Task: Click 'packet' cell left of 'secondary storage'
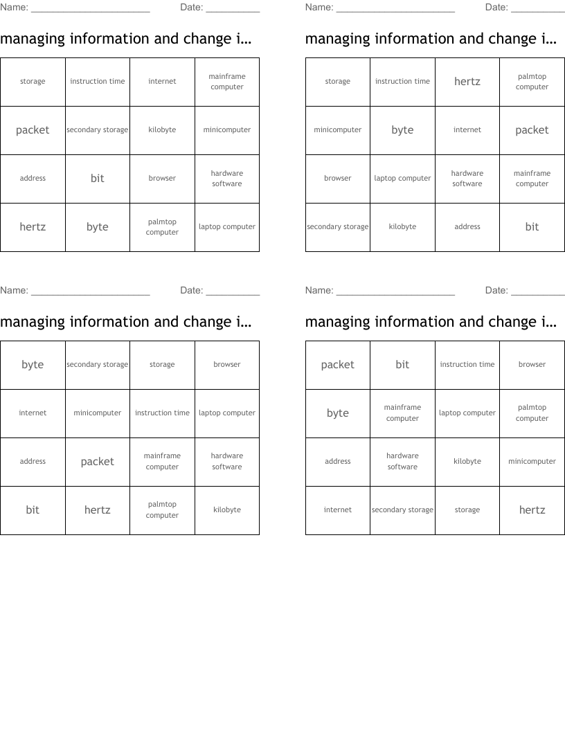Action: pos(33,130)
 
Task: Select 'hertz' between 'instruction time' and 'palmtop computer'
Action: pos(467,82)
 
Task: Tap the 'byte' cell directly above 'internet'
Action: pos(33,365)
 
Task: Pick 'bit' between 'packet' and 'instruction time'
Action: pos(402,365)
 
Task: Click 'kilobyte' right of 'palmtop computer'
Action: pos(227,510)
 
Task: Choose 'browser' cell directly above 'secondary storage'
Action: pos(338,179)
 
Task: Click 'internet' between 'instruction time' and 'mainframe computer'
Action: pos(162,82)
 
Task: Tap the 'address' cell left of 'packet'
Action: pos(33,462)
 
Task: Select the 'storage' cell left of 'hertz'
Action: pos(467,510)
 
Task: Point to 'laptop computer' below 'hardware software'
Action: pos(227,227)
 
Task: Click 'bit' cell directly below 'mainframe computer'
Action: pos(532,227)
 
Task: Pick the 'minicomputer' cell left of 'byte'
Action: pos(338,130)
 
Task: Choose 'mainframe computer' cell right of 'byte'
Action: pos(402,413)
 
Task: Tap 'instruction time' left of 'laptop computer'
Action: pos(162,413)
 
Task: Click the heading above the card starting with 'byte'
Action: pos(125,322)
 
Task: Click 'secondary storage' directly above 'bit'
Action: pos(97,130)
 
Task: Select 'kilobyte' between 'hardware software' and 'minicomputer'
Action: pos(467,462)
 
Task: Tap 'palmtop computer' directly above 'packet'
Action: pos(532,82)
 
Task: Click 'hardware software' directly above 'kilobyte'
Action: pos(227,462)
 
